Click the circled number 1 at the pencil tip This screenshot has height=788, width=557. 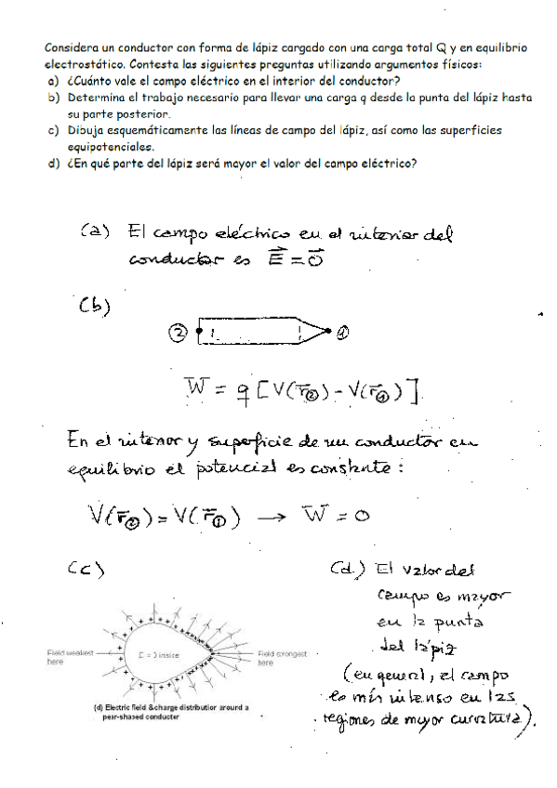(343, 331)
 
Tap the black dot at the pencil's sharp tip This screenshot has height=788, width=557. (332, 330)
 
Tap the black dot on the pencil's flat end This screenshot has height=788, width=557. (198, 331)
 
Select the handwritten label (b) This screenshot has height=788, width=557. (93, 306)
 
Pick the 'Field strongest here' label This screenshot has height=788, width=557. (278, 658)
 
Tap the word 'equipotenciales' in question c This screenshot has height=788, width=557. (110, 147)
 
